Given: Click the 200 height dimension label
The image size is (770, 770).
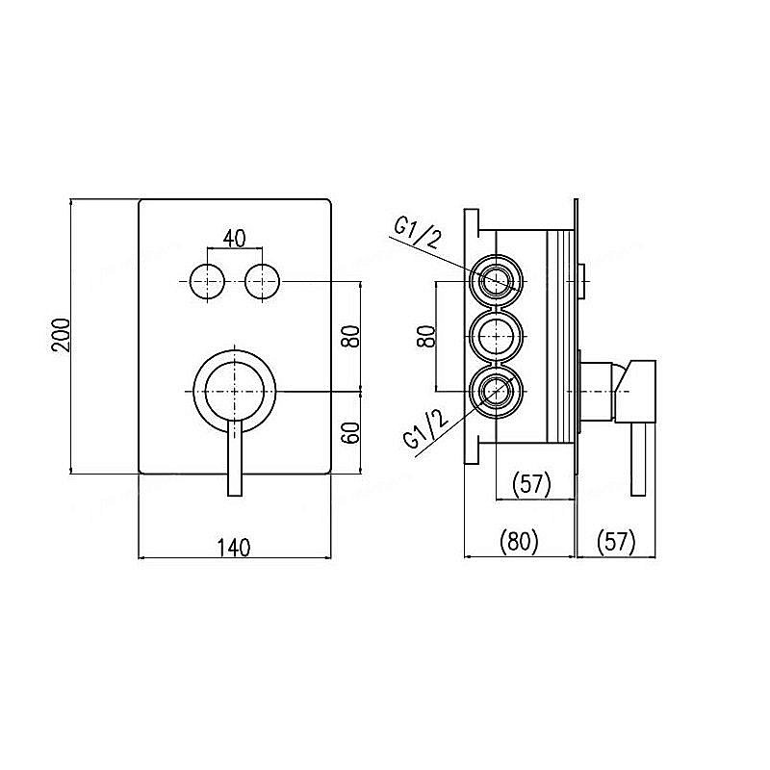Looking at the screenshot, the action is coord(62,335).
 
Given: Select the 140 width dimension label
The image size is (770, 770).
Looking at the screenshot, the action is coord(235,548).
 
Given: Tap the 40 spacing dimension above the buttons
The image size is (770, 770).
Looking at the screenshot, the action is coord(235,239).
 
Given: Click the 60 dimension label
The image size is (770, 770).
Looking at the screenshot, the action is coord(351,433).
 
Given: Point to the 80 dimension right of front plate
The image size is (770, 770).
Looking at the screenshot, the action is coord(351,336).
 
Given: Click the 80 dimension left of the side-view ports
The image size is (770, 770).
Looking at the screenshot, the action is coord(426,336).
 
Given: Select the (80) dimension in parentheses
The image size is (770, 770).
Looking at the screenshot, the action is coord(519,541).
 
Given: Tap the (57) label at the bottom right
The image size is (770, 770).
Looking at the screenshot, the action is coord(616,541).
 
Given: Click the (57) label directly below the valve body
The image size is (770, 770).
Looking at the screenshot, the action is coord(532,484).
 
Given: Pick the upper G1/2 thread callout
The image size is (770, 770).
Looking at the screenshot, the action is coord(417,233).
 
